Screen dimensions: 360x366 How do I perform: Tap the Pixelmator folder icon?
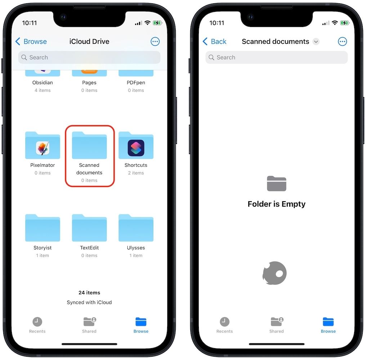(43, 145)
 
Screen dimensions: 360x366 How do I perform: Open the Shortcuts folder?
(136, 145)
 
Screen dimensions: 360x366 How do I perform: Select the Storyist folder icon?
(43, 228)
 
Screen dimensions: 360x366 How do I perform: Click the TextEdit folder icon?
(89, 228)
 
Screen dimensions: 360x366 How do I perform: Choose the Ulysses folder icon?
(136, 228)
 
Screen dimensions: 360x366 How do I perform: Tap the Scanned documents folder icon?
(89, 145)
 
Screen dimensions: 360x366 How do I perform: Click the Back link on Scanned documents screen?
(215, 41)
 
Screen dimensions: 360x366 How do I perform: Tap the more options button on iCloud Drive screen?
(155, 41)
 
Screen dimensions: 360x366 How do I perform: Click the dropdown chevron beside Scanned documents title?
(316, 41)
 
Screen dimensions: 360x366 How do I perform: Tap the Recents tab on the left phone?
(37, 325)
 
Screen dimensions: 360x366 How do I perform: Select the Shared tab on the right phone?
(276, 325)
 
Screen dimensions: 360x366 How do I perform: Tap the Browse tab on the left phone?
(141, 325)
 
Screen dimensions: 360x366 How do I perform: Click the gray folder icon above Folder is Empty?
(276, 184)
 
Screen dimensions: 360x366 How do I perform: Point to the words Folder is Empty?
(276, 204)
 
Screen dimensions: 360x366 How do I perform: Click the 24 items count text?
(89, 293)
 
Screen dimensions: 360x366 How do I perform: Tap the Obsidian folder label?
(43, 82)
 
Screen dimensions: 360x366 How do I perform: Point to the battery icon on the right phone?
(345, 23)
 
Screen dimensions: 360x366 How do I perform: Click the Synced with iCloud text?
(89, 302)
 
